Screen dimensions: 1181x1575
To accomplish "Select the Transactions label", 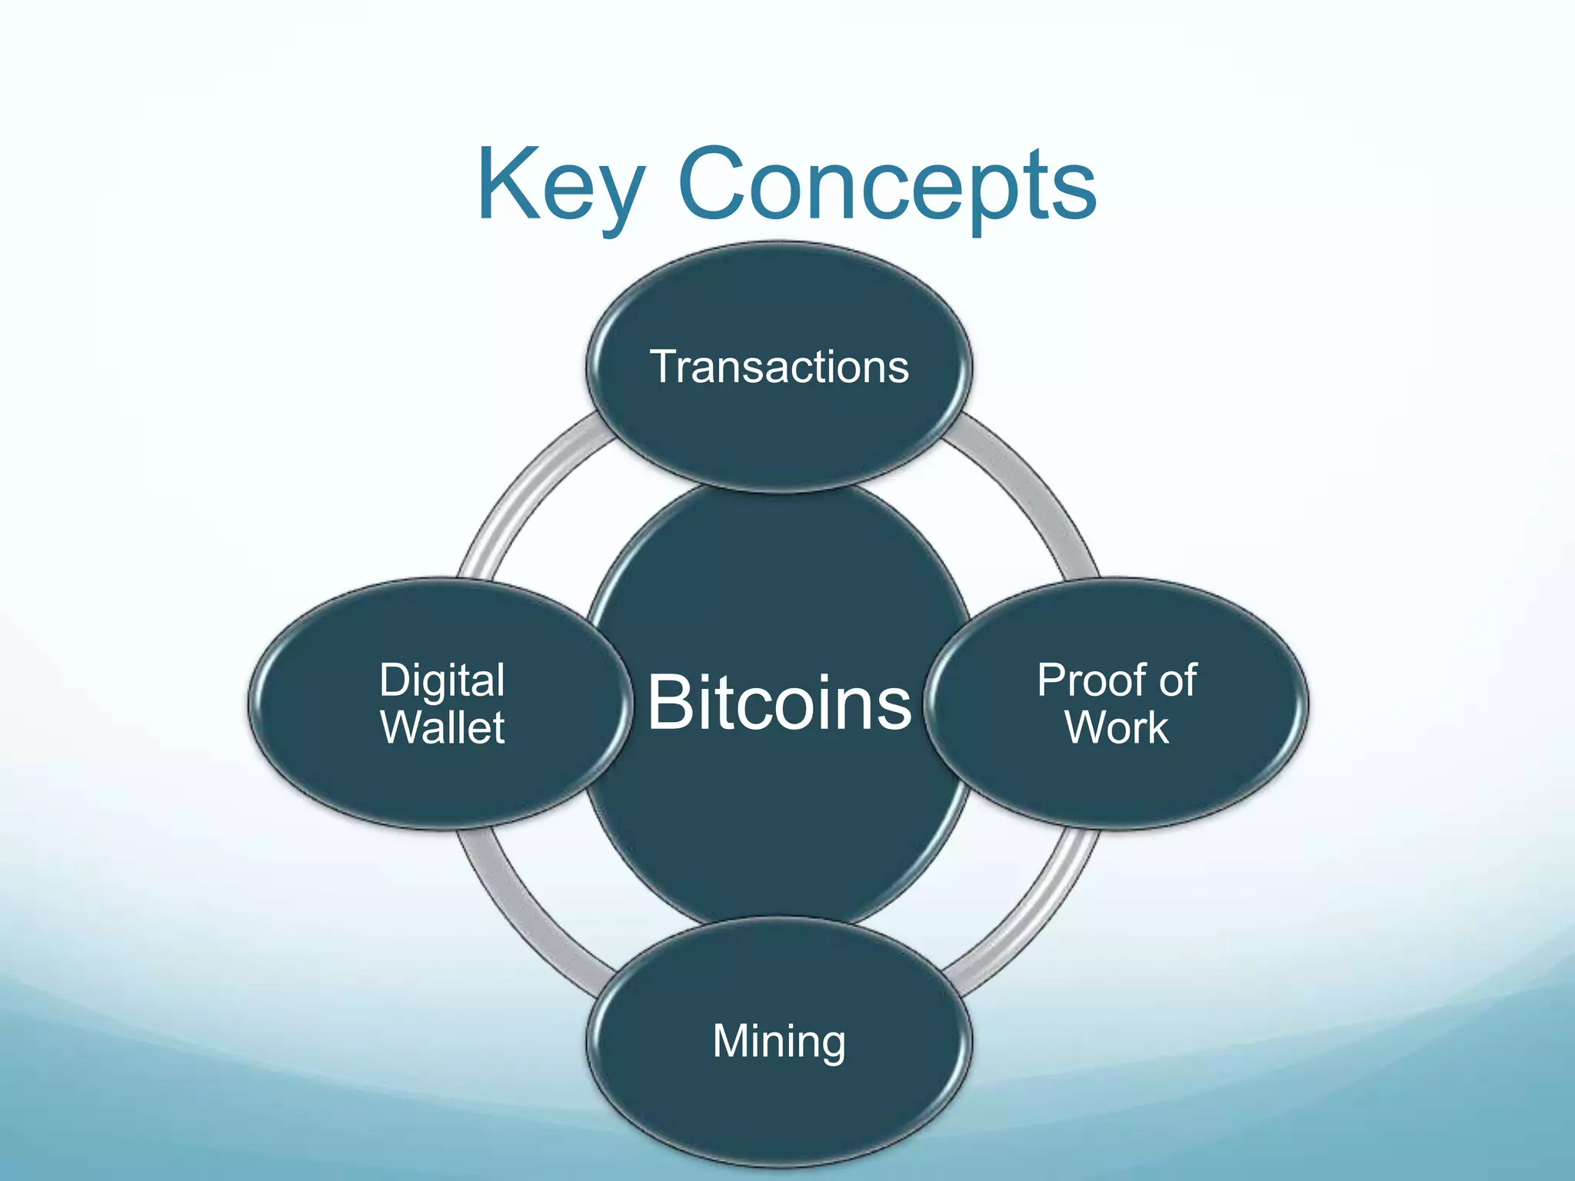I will (x=779, y=367).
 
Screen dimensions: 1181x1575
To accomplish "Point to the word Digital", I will (x=442, y=681).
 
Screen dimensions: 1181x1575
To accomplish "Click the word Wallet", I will (x=442, y=727).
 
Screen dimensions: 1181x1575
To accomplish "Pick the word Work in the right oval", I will (x=1117, y=727).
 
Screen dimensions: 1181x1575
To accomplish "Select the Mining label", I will (x=779, y=1041).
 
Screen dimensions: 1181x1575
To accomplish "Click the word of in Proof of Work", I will (x=1177, y=681).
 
